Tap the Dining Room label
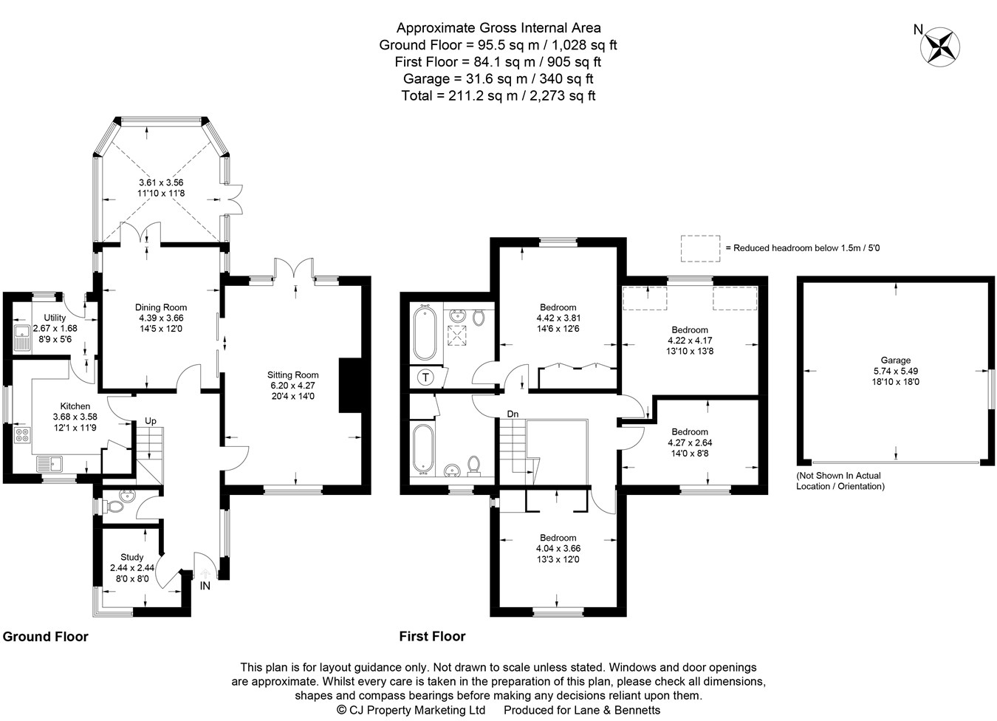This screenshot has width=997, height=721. (x=161, y=307)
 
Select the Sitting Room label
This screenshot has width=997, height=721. (x=293, y=375)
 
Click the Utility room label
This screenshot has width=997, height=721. (x=55, y=318)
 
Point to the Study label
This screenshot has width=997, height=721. (x=131, y=557)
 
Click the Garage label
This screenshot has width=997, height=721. (x=896, y=360)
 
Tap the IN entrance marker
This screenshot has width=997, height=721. (x=205, y=586)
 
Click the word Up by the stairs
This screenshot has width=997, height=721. (x=151, y=421)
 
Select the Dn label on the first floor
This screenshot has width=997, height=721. (x=513, y=414)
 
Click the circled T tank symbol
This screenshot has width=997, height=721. (x=425, y=378)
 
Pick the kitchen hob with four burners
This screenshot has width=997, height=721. (x=22, y=435)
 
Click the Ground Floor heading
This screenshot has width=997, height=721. (x=45, y=637)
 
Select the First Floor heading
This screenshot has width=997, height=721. (x=432, y=636)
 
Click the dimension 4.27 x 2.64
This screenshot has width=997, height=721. (x=690, y=442)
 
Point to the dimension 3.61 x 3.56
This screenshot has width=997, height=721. (x=161, y=182)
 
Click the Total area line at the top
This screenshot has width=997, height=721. (x=498, y=96)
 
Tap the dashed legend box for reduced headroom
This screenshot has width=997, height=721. (x=700, y=248)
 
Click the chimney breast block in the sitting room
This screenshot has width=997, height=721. (x=350, y=385)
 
